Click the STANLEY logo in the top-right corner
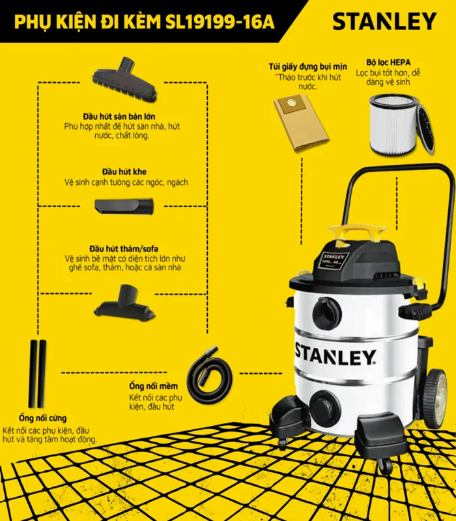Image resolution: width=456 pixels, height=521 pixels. pos(384,21)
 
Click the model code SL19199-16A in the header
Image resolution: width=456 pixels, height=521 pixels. pos(220,22)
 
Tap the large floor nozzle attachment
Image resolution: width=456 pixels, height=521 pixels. pos(124,79)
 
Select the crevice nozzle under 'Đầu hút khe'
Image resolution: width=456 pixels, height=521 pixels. pos(124,206)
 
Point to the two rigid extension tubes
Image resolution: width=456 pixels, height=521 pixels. pos(37,374)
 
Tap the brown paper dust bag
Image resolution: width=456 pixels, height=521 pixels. pos(301,123)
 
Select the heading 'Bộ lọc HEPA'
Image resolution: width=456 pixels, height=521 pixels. pos(388,63)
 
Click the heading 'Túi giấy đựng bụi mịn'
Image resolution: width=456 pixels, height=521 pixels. pos(307,67)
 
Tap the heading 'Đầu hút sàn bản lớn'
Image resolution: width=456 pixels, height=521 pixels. pos(119,117)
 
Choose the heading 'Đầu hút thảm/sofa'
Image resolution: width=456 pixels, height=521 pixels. pos(124,249)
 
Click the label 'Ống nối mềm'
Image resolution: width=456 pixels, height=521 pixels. pos(154,386)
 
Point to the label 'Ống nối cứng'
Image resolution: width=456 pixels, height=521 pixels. pos(42,418)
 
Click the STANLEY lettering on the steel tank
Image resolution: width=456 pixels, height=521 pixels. pos(335,354)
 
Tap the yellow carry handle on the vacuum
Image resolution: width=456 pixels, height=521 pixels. pos(358,232)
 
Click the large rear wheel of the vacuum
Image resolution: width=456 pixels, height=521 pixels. pos(435,399)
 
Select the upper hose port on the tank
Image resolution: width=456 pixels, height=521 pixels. pos(327,313)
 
